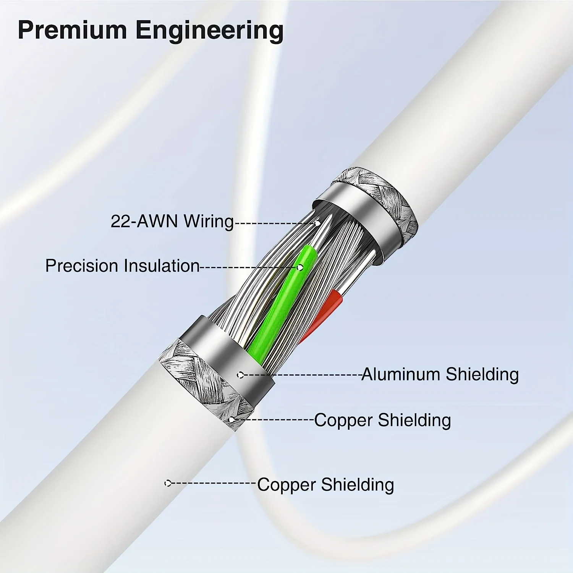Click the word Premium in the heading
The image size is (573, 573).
point(72,30)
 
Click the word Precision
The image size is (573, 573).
point(81,266)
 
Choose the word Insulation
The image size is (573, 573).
point(162,266)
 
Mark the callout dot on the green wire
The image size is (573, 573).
point(300,267)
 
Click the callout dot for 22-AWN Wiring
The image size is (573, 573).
point(317,223)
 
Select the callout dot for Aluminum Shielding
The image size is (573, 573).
point(240,375)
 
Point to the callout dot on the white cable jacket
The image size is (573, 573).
point(167,483)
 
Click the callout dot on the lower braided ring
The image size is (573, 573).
point(231,420)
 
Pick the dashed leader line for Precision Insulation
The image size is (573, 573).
point(248,267)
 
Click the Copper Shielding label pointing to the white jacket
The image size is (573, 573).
point(325,485)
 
